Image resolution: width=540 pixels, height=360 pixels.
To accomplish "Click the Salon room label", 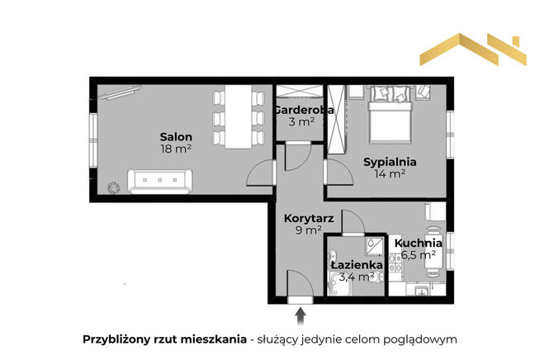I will pos(177,136).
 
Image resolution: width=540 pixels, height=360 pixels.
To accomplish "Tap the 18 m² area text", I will pos(177,149).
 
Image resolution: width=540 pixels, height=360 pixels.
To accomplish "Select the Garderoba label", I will pos(304,110).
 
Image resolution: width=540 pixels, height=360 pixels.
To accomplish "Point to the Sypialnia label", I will pos(390,162).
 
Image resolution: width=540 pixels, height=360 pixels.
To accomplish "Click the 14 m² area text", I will pos(390,174).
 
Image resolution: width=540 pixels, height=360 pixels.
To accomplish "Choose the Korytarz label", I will pos(308,218).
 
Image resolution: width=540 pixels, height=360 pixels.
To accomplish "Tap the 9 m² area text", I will pos(308,231).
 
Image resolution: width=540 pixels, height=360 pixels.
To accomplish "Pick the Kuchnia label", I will pos(418,243).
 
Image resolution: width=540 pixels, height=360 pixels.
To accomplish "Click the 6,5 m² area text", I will pos(418,255).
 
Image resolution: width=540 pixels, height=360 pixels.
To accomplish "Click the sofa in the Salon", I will pos(160,179).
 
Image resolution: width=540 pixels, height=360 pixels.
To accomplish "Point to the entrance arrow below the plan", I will pos(300,315).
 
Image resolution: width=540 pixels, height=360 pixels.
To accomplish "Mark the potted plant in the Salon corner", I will pos(114,187).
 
